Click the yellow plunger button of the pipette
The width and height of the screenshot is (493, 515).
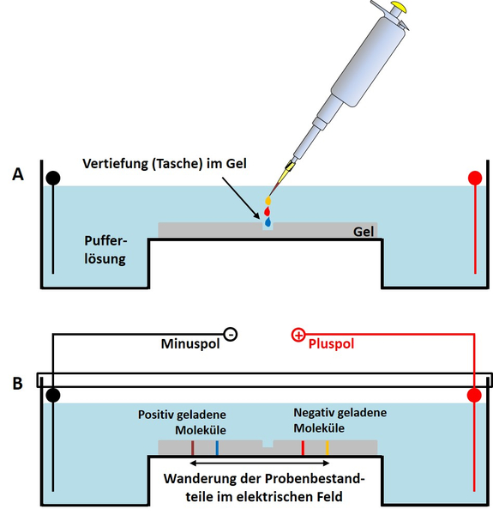click(x=398, y=7)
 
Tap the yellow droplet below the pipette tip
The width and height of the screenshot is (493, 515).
click(x=268, y=200)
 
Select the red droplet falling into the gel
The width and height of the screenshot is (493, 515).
click(x=267, y=211)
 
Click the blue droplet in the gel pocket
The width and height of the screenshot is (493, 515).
click(x=268, y=222)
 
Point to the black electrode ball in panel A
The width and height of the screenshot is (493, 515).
click(x=53, y=178)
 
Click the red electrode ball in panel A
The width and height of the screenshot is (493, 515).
click(x=475, y=178)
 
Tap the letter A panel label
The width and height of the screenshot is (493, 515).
click(x=18, y=174)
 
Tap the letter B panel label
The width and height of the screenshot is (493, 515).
click(x=18, y=384)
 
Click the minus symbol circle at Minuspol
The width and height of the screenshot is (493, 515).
click(x=231, y=335)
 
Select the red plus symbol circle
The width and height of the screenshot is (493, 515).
click(x=298, y=335)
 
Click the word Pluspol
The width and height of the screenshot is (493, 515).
click(x=331, y=344)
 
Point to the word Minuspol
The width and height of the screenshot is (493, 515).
click(x=190, y=344)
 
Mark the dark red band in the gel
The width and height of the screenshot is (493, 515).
click(x=193, y=448)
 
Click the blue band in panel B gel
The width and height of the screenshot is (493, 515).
click(x=217, y=448)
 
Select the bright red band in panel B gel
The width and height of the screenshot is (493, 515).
click(x=303, y=448)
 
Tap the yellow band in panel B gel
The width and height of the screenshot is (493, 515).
click(x=327, y=448)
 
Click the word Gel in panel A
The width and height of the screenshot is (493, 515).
click(x=364, y=232)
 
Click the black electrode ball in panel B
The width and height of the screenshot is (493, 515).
click(x=53, y=395)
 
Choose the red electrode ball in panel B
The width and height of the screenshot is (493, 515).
click(x=474, y=395)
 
